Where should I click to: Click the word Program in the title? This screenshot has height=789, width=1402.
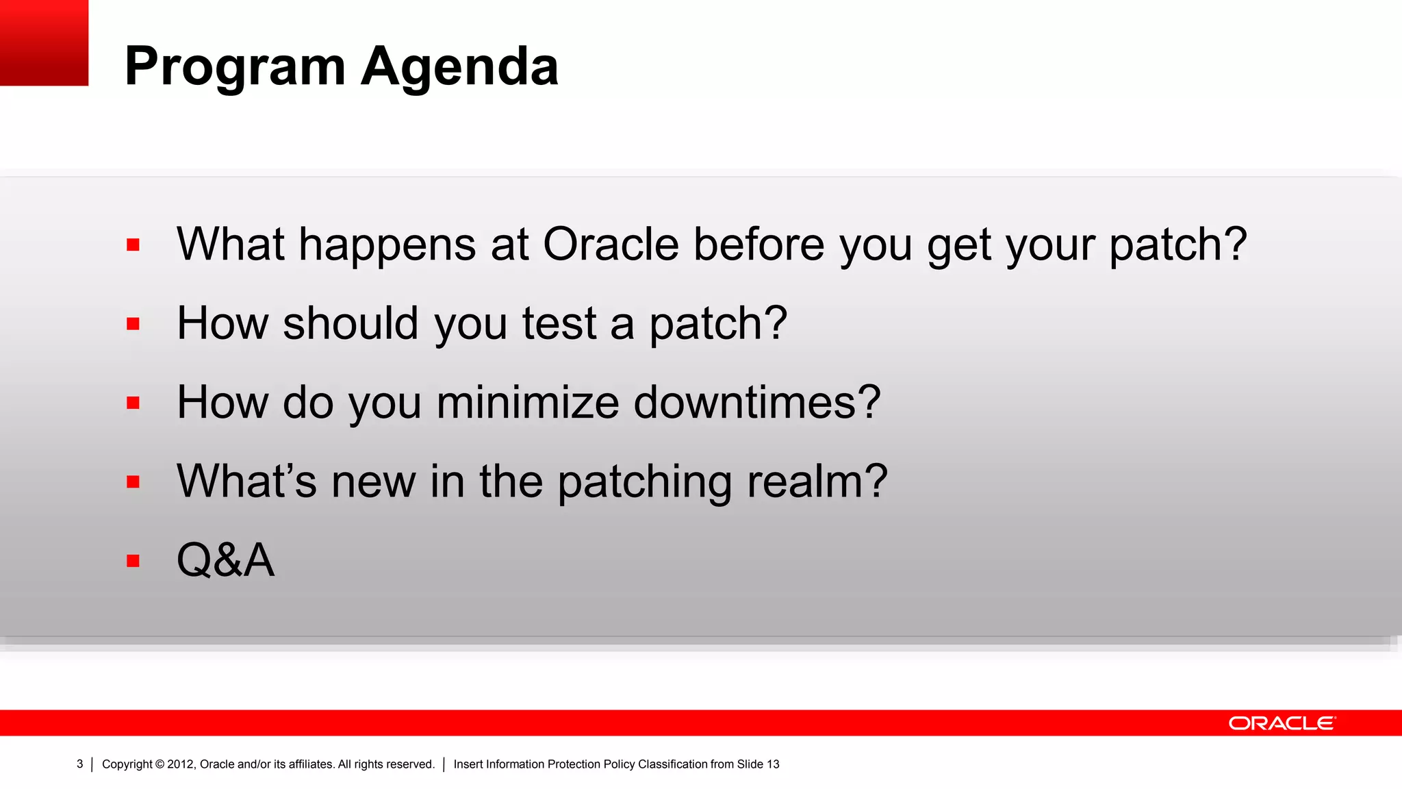235,67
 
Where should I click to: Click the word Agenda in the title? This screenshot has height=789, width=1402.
459,67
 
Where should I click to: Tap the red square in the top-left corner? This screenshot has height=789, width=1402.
44,42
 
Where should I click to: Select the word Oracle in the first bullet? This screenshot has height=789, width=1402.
611,245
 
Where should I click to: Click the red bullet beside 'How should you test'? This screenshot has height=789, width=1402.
133,324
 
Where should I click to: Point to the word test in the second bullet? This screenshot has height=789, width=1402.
559,324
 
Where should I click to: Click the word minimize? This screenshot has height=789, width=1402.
527,403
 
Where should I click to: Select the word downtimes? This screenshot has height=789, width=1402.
757,403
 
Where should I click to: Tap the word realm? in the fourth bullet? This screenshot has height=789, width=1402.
817,481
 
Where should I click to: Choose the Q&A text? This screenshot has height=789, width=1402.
225,560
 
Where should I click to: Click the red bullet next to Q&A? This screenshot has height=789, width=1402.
133,561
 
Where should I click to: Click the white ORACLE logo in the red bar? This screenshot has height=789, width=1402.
1282,723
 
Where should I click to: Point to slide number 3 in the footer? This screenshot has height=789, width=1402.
80,764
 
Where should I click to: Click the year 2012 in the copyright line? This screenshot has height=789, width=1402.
180,764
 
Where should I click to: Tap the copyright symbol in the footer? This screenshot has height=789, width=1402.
160,764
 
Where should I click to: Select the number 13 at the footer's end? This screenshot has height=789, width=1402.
773,764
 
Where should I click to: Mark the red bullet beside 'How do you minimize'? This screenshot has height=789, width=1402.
133,403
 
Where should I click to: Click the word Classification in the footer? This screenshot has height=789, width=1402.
673,764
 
